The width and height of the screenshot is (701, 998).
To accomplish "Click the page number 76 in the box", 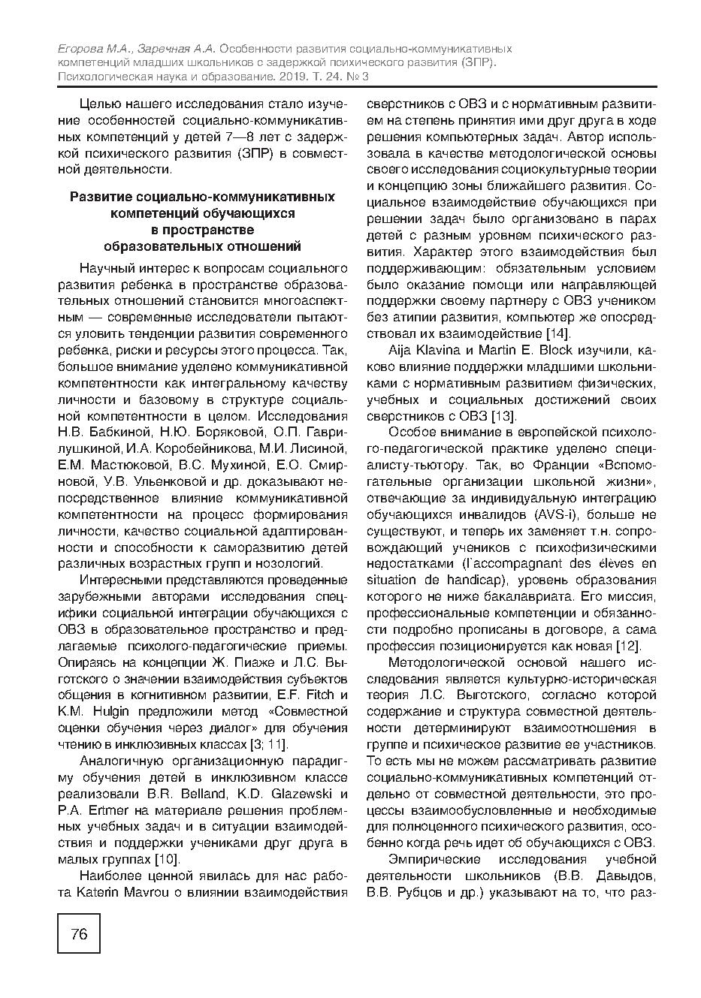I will coord(79,933).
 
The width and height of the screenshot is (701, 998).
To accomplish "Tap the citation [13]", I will coord(503,415).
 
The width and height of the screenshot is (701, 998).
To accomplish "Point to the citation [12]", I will coord(627,646).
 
